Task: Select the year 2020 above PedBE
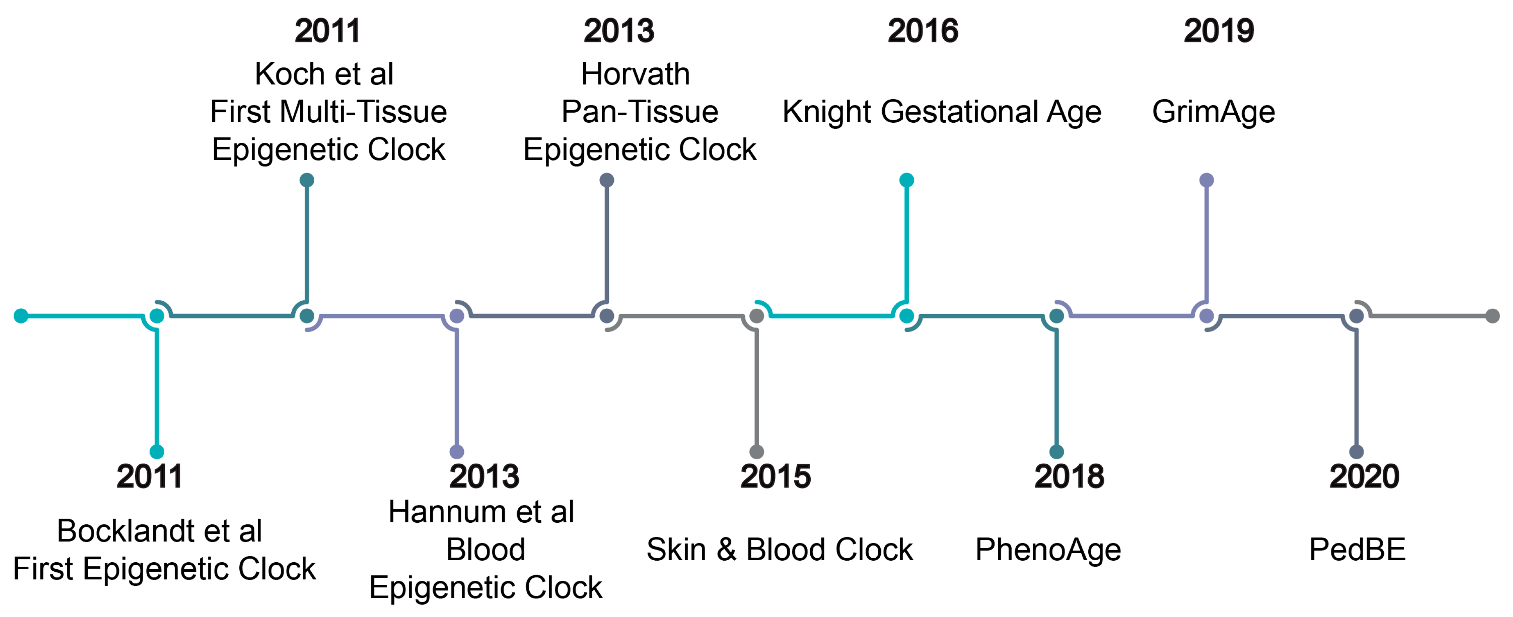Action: click(x=1364, y=476)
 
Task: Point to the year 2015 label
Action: click(x=775, y=476)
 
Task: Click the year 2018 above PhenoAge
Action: click(x=1069, y=476)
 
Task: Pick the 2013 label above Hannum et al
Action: click(x=484, y=476)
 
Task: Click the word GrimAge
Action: click(x=1214, y=112)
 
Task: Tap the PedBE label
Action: click(x=1357, y=549)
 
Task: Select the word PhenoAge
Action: click(x=1048, y=549)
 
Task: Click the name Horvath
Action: click(x=636, y=74)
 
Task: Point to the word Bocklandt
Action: click(x=124, y=531)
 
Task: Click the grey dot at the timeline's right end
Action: click(x=1492, y=316)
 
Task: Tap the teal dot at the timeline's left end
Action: click(x=21, y=316)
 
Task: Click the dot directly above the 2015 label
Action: click(x=756, y=452)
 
